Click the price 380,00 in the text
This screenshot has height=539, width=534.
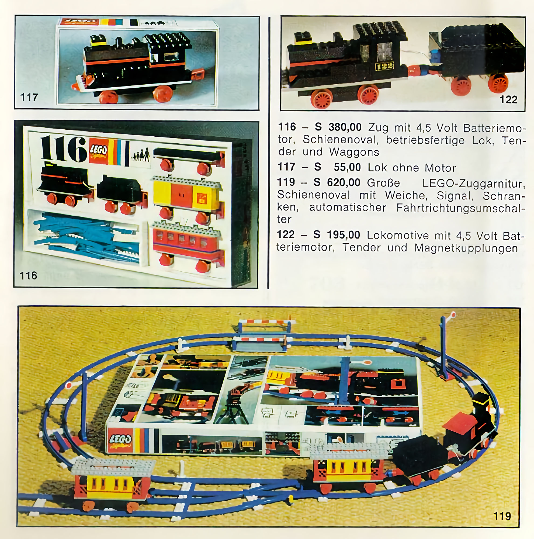[345, 127]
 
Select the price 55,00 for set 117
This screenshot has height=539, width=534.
[347, 167]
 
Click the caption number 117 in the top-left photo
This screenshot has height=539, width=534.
[29, 97]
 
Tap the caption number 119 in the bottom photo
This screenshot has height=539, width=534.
[502, 516]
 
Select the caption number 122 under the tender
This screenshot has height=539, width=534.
[508, 99]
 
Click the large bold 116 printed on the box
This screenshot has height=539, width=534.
[64, 149]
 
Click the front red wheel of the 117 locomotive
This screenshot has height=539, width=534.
[110, 96]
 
